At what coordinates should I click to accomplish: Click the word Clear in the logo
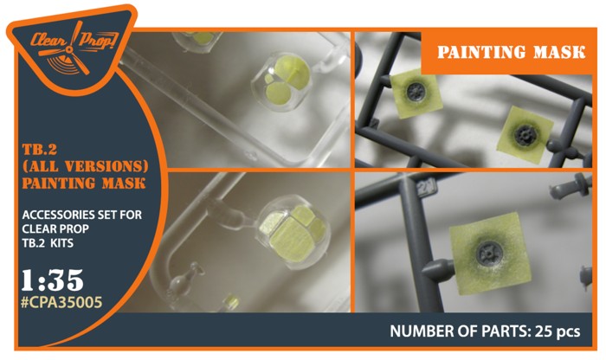[48, 41]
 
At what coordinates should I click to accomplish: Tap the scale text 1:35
[52, 280]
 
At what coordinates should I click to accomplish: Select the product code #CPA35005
[61, 302]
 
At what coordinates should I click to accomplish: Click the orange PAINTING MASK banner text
[512, 52]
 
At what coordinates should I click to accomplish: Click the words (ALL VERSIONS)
[86, 166]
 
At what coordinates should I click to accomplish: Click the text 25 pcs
[558, 331]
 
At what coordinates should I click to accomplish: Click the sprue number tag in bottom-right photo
[427, 188]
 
